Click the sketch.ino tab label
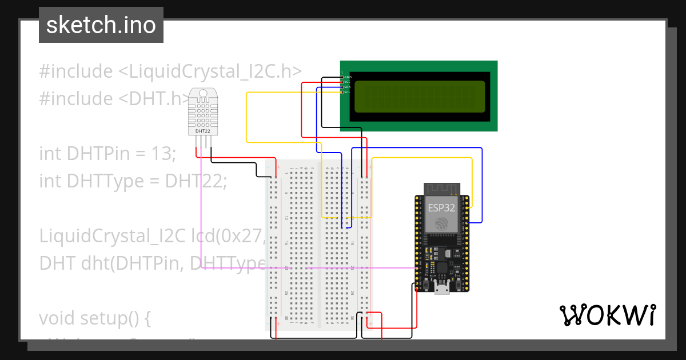[101, 25]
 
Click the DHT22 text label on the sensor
[203, 131]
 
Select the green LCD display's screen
[420, 96]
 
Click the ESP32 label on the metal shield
[441, 208]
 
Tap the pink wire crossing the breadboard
[343, 267]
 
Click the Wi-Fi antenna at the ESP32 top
[441, 189]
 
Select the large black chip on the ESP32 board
[441, 269]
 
